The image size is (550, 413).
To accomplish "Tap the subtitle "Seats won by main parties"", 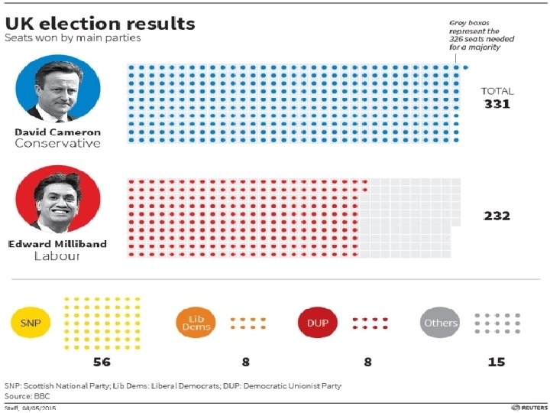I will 73,37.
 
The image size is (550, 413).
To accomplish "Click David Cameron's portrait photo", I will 58,88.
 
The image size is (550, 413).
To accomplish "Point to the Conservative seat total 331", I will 497,104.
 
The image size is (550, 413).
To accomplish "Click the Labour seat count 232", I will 497,216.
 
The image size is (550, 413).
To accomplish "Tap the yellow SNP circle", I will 31,324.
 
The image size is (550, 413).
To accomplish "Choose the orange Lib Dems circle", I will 195,324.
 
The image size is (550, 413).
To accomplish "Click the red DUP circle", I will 317,324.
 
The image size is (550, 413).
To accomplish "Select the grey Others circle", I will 441,324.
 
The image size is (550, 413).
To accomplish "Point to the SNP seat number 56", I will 102,361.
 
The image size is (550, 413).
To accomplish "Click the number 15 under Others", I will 497,361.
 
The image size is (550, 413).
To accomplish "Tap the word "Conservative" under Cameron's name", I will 57,143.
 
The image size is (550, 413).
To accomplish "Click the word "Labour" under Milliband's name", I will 57,256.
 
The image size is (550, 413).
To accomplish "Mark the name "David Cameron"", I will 57,132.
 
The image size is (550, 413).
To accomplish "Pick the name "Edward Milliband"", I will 57,244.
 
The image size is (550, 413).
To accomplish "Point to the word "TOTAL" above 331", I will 497,91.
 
